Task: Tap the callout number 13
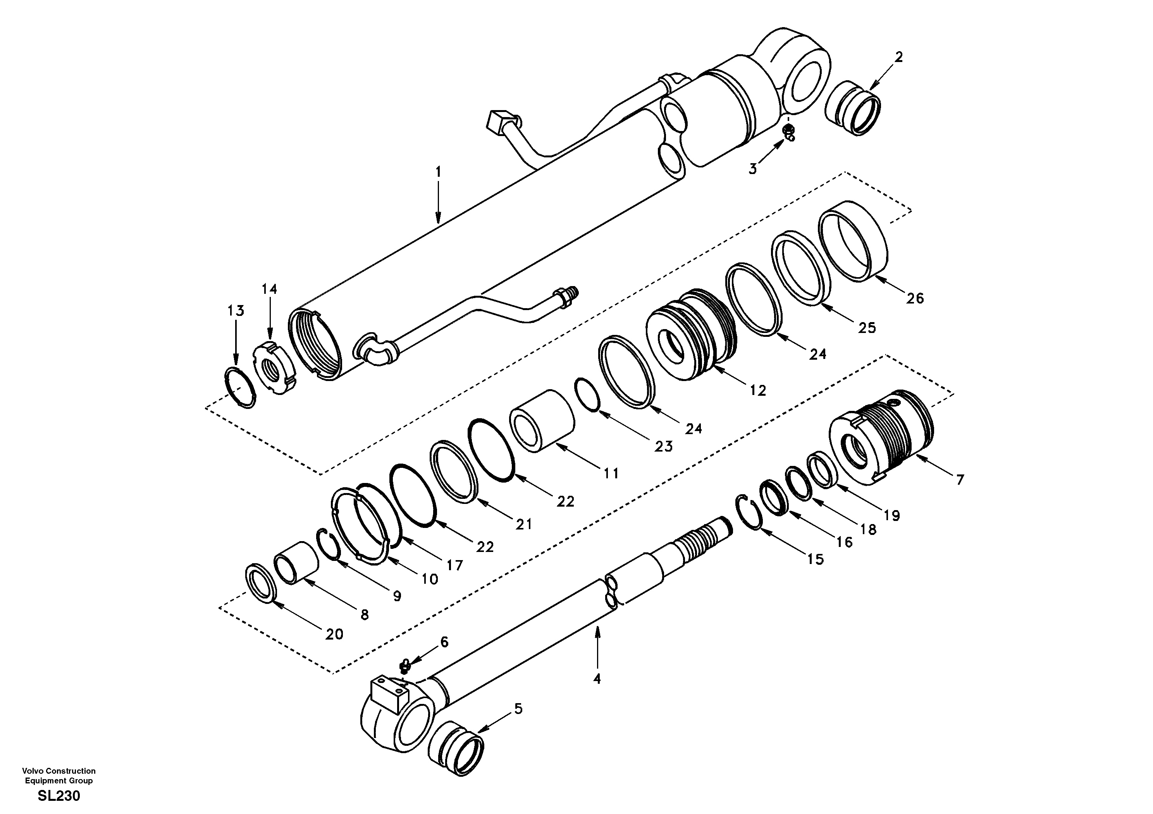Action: tap(236, 311)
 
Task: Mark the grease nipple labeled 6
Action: tap(404, 667)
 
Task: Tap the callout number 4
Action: tap(597, 679)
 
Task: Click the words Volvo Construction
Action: tap(59, 771)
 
